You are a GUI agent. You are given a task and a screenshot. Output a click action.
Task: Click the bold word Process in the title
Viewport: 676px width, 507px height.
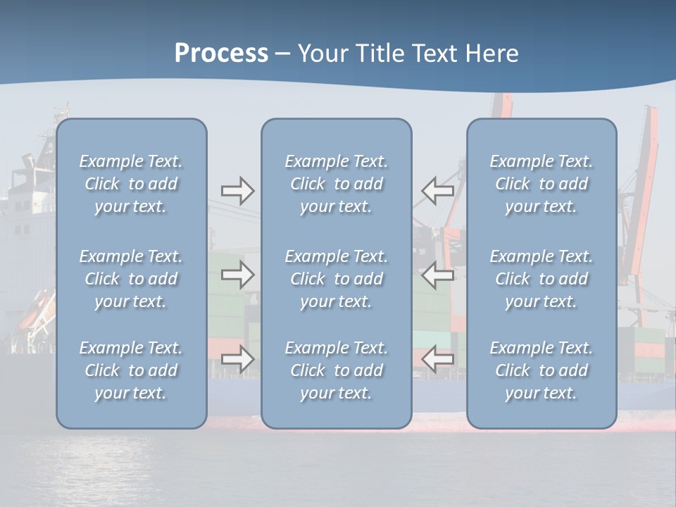[x=221, y=54]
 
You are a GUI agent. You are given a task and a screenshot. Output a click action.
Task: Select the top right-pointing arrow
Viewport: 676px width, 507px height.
[x=237, y=191]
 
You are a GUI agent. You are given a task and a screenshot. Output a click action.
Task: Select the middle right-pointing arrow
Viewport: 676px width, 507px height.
[x=237, y=275]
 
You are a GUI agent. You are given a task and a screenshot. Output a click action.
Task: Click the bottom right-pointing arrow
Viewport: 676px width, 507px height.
[x=237, y=359]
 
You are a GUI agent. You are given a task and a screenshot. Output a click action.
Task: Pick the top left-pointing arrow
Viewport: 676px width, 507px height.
[x=437, y=191]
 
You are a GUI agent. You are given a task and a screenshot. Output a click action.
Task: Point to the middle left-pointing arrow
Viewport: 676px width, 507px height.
[x=437, y=275]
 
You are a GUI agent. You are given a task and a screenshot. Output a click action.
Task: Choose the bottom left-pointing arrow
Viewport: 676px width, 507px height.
[x=437, y=359]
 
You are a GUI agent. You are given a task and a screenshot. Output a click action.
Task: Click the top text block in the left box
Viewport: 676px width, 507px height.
[x=131, y=184]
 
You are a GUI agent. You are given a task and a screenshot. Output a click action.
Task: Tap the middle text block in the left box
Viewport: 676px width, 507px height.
[x=131, y=279]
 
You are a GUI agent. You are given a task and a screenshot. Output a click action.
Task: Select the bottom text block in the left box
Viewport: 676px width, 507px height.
[x=131, y=370]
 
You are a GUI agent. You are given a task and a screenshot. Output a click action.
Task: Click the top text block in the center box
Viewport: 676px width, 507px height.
[x=336, y=184]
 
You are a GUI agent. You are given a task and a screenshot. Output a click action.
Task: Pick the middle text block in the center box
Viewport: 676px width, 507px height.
[x=336, y=279]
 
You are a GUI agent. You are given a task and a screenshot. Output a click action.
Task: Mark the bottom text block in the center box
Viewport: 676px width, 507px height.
[x=336, y=370]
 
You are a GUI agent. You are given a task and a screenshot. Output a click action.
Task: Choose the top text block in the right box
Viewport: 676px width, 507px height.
[x=541, y=184]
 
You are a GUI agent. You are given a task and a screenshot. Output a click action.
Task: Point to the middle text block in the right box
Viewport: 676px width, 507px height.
[x=541, y=279]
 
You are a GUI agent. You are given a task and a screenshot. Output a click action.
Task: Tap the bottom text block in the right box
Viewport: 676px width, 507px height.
[x=541, y=370]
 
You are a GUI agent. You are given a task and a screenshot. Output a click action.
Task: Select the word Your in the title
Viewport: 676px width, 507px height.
[x=323, y=54]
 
